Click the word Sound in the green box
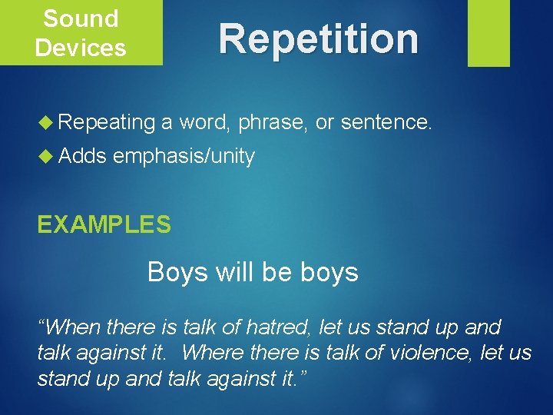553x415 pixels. click(x=81, y=18)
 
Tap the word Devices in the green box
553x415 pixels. click(x=81, y=48)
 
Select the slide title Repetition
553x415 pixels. click(x=319, y=38)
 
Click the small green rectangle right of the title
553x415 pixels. click(x=488, y=33)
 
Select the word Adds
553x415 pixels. click(x=82, y=156)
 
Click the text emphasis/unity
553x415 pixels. click(x=184, y=157)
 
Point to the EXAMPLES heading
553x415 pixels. click(x=104, y=224)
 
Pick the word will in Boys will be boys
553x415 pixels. click(x=232, y=272)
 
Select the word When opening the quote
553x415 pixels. click(x=73, y=327)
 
